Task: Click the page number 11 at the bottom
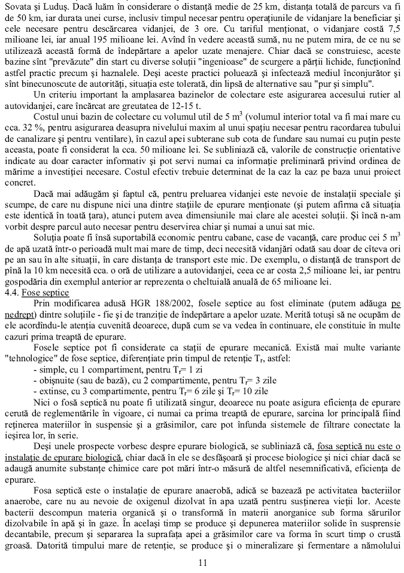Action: click(x=202, y=562)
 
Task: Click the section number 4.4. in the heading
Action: click(x=11, y=292)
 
